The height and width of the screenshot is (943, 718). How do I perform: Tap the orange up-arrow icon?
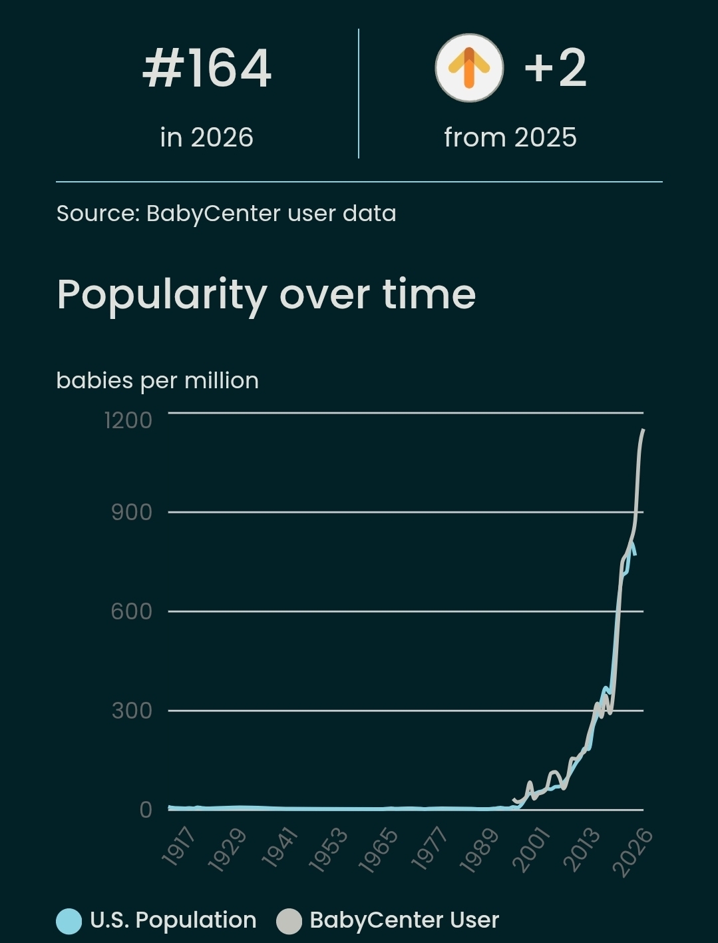click(x=469, y=68)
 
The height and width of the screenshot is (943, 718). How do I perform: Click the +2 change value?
click(x=555, y=68)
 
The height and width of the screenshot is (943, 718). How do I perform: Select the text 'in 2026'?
click(x=207, y=137)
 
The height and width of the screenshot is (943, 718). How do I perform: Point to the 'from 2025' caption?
click(x=510, y=137)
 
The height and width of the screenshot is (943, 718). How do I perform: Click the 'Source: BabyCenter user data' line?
click(x=226, y=213)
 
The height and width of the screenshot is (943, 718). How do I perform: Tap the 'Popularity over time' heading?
click(x=266, y=294)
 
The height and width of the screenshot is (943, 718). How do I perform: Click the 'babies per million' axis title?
click(x=158, y=380)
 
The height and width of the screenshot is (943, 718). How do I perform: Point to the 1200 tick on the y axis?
click(x=128, y=420)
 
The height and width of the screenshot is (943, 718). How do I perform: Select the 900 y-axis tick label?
click(x=132, y=512)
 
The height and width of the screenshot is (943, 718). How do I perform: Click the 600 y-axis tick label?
click(x=132, y=611)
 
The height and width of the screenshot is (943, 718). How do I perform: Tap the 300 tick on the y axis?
click(x=132, y=711)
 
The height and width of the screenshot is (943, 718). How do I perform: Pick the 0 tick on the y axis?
click(x=146, y=810)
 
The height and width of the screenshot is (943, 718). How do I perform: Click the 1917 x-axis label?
click(x=178, y=847)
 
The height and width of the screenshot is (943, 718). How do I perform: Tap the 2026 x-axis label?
click(x=632, y=852)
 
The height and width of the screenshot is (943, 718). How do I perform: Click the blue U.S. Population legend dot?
click(x=69, y=921)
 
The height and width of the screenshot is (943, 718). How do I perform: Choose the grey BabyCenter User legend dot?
click(x=289, y=921)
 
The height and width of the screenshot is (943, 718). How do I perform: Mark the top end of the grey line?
click(x=643, y=430)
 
